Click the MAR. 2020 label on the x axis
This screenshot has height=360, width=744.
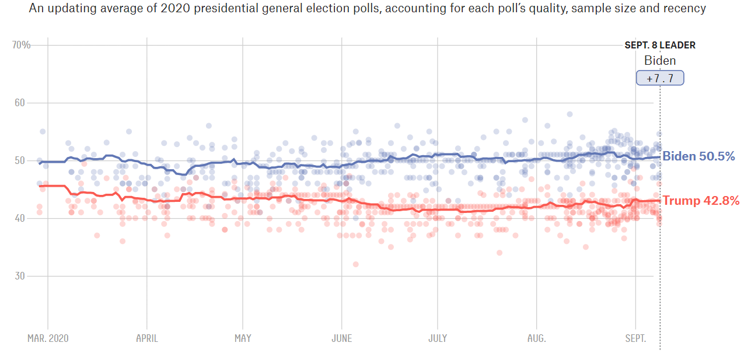pyautogui.click(x=47, y=338)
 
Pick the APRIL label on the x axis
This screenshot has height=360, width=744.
pyautogui.click(x=146, y=338)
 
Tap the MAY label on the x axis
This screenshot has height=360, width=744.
pyautogui.click(x=243, y=338)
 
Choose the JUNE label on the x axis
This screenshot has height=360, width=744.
pyautogui.click(x=342, y=338)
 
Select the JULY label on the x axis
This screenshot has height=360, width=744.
pyautogui.click(x=438, y=338)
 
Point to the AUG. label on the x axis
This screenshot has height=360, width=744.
pyautogui.click(x=536, y=338)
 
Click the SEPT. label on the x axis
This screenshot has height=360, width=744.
pyautogui.click(x=635, y=338)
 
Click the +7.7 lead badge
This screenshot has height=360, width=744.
pyautogui.click(x=660, y=78)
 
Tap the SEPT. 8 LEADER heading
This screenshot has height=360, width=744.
pyautogui.click(x=660, y=45)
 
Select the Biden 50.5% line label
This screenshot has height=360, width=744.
pyautogui.click(x=698, y=156)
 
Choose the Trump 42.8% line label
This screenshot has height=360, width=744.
pyautogui.click(x=701, y=201)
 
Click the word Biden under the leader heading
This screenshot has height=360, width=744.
pyautogui.click(x=660, y=61)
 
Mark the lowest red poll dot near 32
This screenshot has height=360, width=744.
pyautogui.click(x=355, y=264)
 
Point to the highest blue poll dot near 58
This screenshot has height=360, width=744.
pyautogui.click(x=570, y=114)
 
